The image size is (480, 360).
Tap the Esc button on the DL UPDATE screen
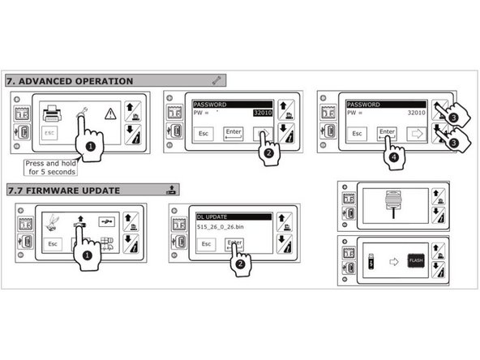point(207,243)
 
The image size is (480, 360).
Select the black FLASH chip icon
point(416,260)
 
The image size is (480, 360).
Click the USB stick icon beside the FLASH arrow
point(371,261)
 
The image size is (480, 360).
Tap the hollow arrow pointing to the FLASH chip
point(392,261)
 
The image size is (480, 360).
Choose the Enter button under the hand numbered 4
point(388,132)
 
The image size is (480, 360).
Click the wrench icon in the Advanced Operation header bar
point(216,80)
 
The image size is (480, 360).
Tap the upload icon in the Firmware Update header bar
point(170,191)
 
